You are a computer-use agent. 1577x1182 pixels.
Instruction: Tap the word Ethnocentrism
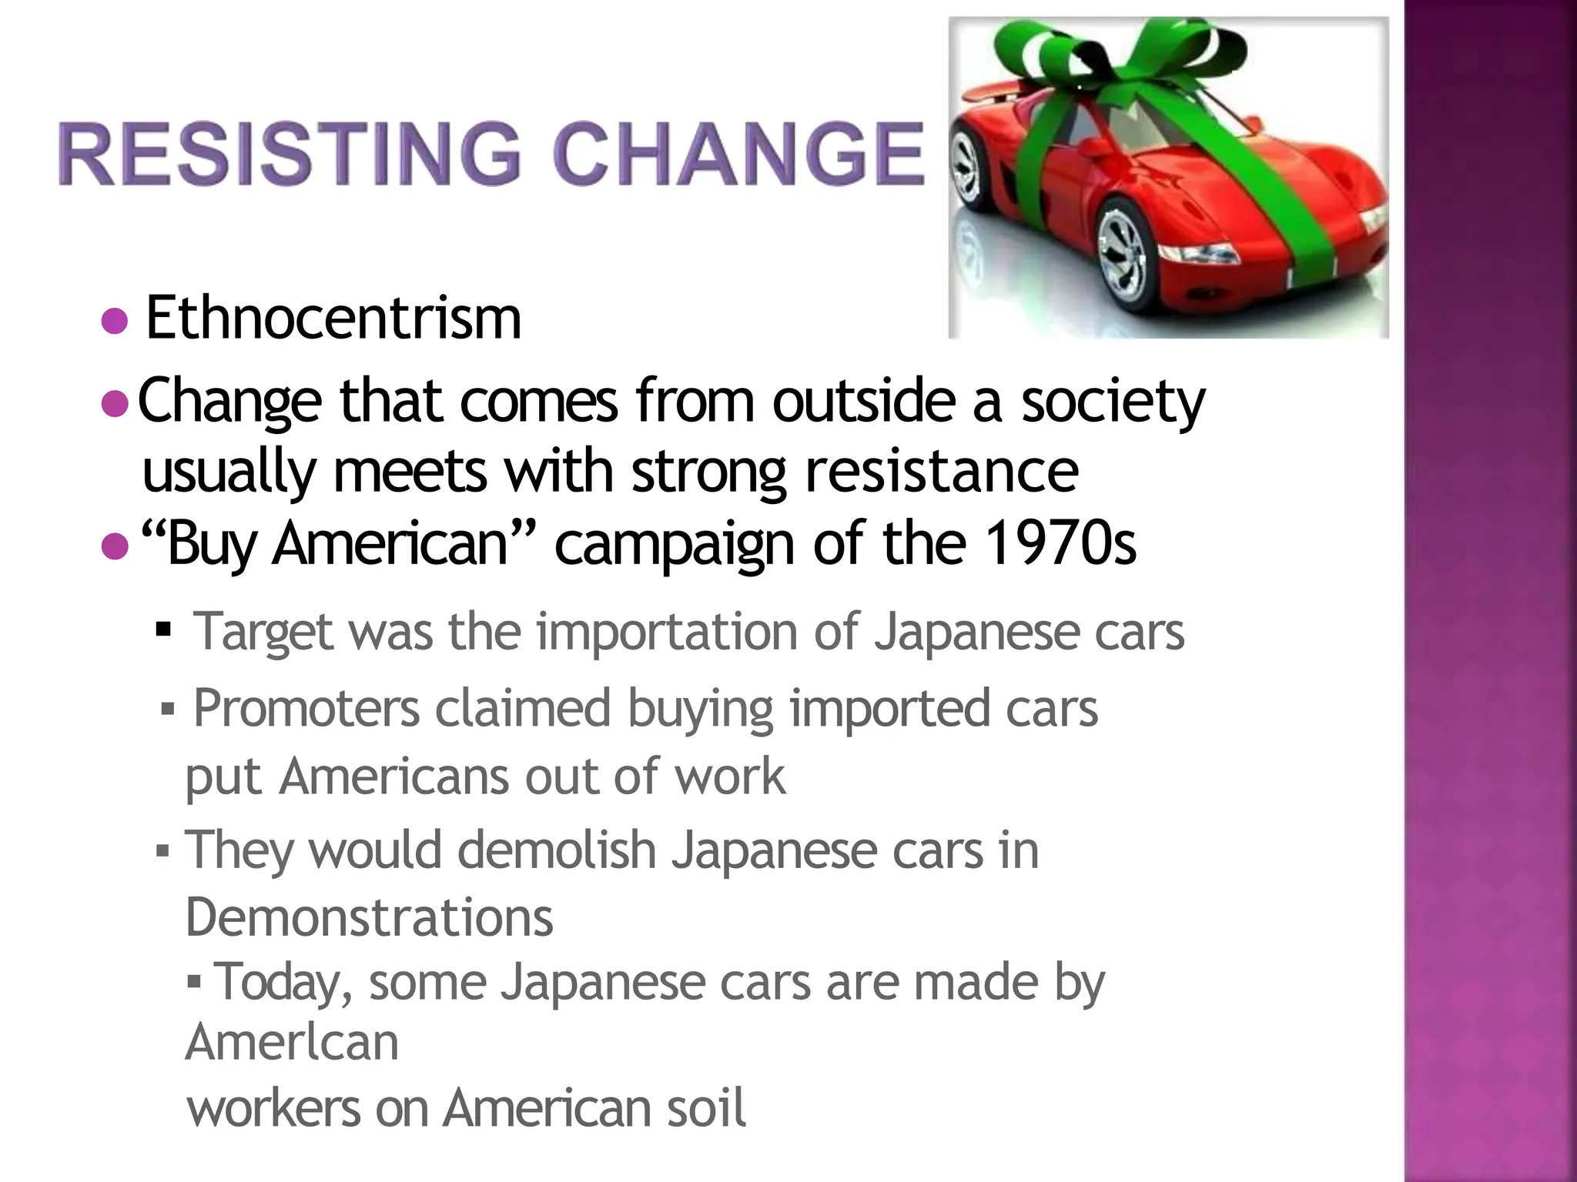tap(333, 318)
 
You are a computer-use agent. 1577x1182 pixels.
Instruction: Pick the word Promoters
tap(306, 708)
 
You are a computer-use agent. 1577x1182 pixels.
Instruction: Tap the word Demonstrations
tap(369, 917)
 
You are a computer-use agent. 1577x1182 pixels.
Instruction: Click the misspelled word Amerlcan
tap(292, 1043)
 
